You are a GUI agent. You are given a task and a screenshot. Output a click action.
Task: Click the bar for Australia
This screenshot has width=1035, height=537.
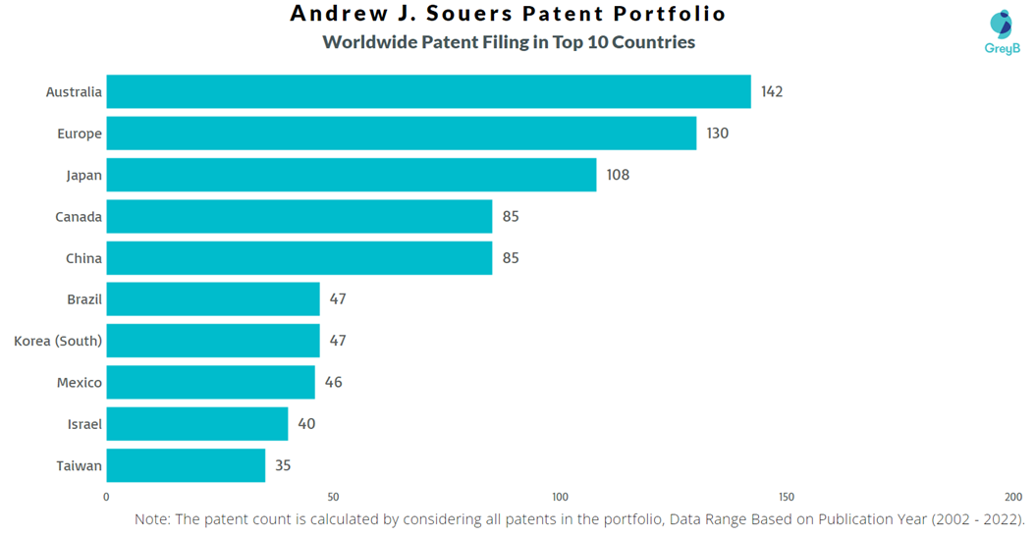pyautogui.click(x=428, y=92)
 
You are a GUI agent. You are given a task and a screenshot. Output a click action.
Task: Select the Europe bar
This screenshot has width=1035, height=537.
pyautogui.click(x=401, y=134)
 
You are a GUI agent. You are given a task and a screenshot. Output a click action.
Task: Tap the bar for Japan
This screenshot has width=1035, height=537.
pyautogui.click(x=351, y=175)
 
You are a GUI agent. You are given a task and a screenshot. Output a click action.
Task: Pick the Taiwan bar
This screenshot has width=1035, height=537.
pyautogui.click(x=186, y=465)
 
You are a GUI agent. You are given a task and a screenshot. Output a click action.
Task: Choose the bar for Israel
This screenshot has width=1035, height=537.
pyautogui.click(x=196, y=424)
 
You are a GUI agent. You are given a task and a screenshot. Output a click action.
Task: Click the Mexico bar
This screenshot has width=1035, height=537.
pyautogui.click(x=210, y=383)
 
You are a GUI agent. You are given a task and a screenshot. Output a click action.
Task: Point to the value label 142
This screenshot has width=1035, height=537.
pyautogui.click(x=772, y=92)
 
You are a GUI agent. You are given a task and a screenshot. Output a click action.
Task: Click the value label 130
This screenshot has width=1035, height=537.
pyautogui.click(x=718, y=134)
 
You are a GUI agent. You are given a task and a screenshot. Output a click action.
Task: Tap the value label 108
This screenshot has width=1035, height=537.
pyautogui.click(x=618, y=175)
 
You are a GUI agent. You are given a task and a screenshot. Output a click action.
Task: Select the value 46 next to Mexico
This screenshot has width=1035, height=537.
pyautogui.click(x=334, y=383)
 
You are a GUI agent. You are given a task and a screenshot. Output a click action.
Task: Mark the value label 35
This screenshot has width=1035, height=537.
pyautogui.click(x=283, y=465)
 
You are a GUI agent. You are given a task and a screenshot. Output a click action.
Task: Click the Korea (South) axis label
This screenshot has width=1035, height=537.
pyautogui.click(x=58, y=341)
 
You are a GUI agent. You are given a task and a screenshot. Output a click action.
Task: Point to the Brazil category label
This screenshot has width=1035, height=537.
pyautogui.click(x=84, y=299)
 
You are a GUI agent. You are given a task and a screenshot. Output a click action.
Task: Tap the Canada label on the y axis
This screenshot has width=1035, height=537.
pyautogui.click(x=79, y=217)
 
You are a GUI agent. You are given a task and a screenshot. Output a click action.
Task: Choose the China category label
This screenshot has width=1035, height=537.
pyautogui.click(x=83, y=258)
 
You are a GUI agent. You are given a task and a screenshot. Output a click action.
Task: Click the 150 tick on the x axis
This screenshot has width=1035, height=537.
pyautogui.click(x=787, y=498)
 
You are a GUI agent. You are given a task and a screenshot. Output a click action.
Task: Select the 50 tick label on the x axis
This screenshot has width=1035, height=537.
pyautogui.click(x=333, y=498)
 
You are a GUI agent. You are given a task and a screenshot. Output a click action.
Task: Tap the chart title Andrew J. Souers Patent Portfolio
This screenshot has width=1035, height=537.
pyautogui.click(x=509, y=14)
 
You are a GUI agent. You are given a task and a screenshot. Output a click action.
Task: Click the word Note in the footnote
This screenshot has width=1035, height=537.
pyautogui.click(x=152, y=519)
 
